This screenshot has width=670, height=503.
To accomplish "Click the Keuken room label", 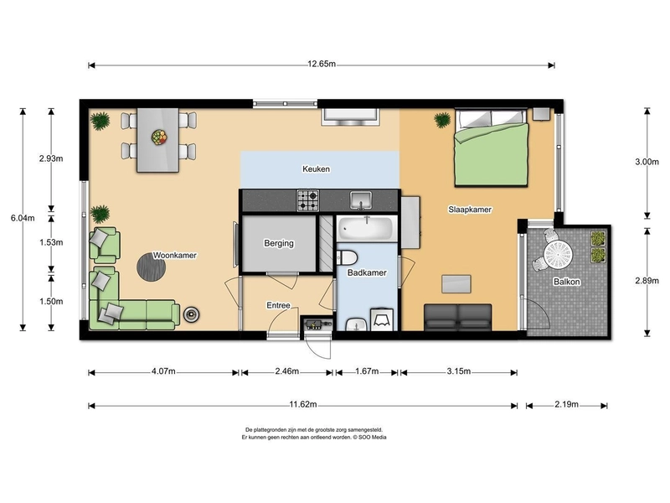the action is click(x=316, y=169).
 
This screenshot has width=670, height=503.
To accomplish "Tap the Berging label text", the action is click(x=279, y=243).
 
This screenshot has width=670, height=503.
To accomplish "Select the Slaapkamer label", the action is click(x=470, y=210).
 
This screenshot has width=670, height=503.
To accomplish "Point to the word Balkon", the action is click(x=567, y=282).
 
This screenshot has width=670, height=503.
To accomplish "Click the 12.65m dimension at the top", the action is click(x=322, y=65).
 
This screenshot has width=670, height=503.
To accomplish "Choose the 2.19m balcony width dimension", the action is click(x=567, y=404).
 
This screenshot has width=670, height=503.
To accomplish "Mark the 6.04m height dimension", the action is click(x=23, y=218).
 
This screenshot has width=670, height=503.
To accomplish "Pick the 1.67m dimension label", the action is click(x=367, y=371).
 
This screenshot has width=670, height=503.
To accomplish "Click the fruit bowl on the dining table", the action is click(x=159, y=137).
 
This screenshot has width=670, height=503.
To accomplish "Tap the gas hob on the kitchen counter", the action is click(x=307, y=200).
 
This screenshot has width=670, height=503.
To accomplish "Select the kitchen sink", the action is click(x=361, y=200).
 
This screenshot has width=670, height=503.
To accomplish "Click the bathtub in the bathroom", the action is click(x=366, y=228).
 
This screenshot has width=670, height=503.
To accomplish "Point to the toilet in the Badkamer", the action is click(x=347, y=258).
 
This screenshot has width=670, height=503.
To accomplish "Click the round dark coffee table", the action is click(x=151, y=267).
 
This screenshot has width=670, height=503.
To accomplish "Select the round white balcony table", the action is click(x=558, y=256).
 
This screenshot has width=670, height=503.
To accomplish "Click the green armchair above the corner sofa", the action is click(x=104, y=245).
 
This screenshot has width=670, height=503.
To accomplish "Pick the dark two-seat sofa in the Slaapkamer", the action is click(x=457, y=317).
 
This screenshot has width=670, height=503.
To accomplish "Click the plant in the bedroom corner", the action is click(x=442, y=120).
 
